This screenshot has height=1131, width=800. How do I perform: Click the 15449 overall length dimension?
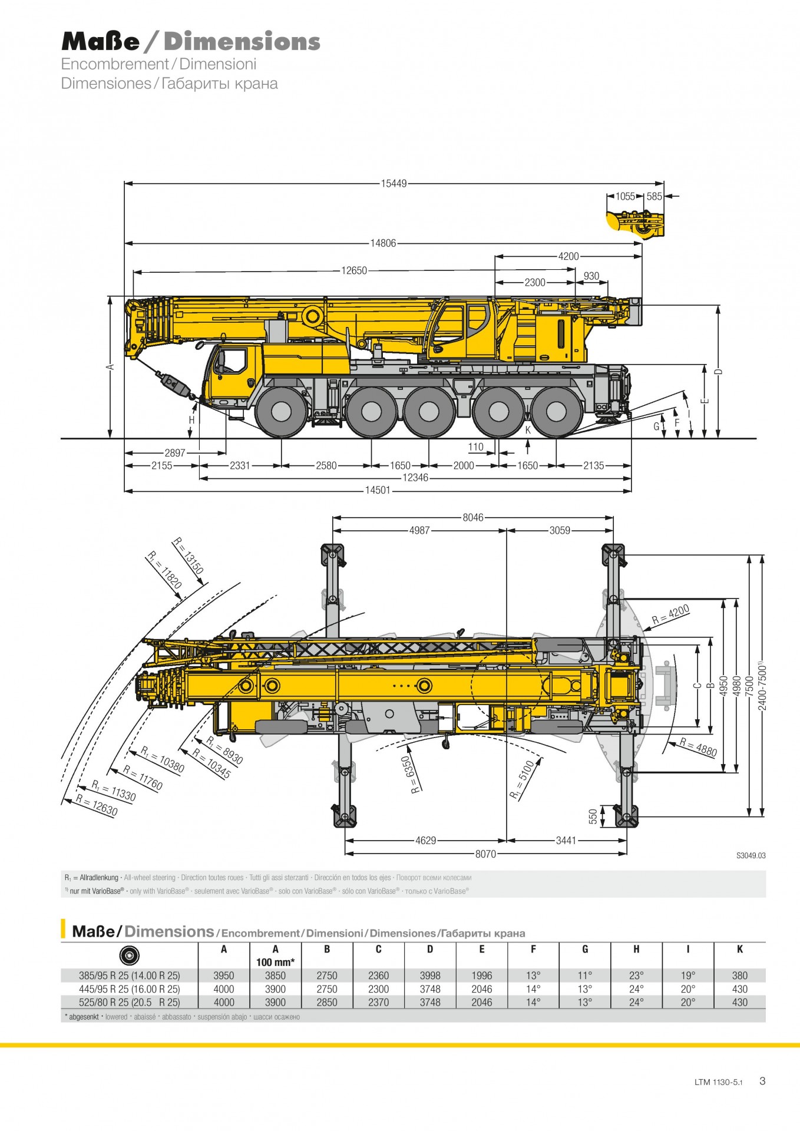(x=394, y=184)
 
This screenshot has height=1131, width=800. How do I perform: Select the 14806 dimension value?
(x=383, y=243)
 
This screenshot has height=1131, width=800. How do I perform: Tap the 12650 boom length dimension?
(x=354, y=271)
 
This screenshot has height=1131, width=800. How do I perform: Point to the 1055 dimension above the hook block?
(x=625, y=197)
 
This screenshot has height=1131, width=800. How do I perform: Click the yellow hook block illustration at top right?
(x=635, y=224)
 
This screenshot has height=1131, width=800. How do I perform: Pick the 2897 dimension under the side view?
(x=175, y=453)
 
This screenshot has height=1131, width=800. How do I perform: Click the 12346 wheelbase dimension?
(x=415, y=478)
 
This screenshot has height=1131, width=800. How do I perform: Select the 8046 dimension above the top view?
(x=472, y=518)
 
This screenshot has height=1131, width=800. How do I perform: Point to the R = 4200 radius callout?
(x=670, y=614)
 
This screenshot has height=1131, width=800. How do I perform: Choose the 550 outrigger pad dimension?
(x=593, y=816)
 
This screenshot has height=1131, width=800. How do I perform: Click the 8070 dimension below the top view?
(x=485, y=854)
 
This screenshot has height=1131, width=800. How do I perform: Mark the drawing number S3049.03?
(x=751, y=856)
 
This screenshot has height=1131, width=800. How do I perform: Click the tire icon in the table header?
(x=129, y=955)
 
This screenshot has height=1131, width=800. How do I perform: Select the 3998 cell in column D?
(x=430, y=975)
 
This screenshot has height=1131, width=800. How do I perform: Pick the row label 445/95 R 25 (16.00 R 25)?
(x=130, y=989)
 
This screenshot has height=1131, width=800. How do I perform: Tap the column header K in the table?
(x=739, y=950)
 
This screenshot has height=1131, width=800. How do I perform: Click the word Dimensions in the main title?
(x=242, y=42)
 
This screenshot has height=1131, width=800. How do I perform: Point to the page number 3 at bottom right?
(x=762, y=1081)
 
